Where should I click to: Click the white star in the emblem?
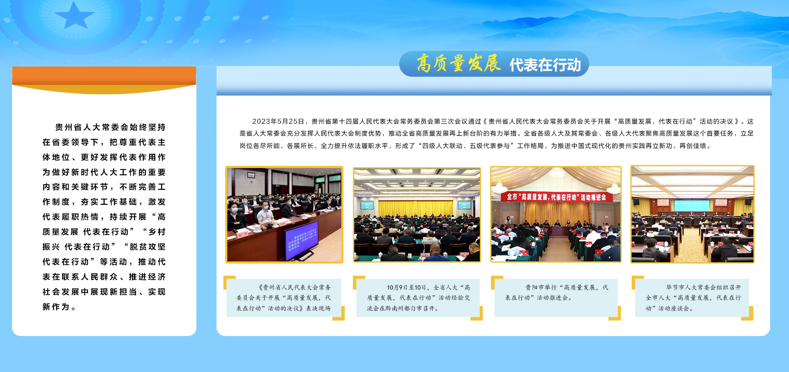(x=74, y=16)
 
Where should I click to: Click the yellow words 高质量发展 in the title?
(x=458, y=63)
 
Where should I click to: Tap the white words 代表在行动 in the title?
(x=545, y=65)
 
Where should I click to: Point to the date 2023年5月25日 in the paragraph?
(x=278, y=121)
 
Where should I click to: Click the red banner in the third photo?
(x=556, y=197)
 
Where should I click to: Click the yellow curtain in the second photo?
(x=416, y=208)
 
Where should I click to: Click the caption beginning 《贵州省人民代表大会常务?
(x=283, y=298)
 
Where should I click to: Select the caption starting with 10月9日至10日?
(x=419, y=298)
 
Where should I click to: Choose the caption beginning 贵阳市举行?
(x=557, y=292)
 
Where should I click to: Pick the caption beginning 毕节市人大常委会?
(x=693, y=298)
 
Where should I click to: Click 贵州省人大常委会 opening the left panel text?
(x=89, y=127)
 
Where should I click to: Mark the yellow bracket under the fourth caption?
(x=747, y=313)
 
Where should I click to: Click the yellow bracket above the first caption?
(x=229, y=282)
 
